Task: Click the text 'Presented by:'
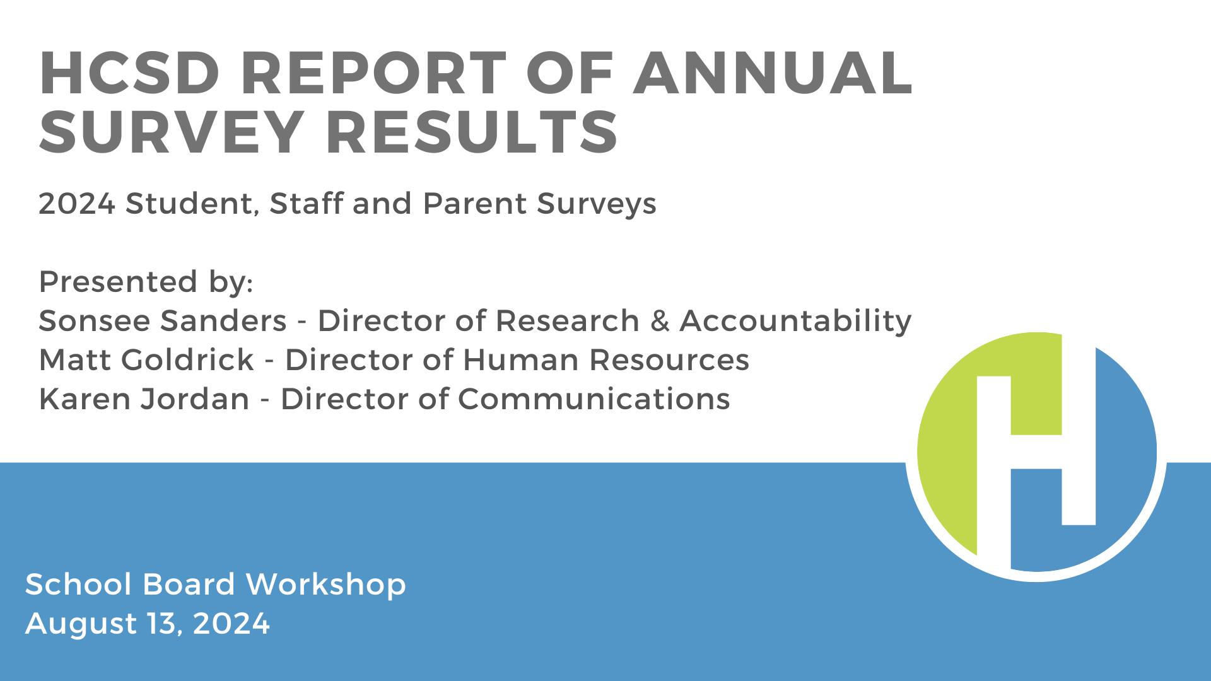(146, 282)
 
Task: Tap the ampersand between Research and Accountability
(659, 321)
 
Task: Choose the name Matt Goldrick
(146, 360)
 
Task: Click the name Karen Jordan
(144, 399)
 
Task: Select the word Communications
(594, 399)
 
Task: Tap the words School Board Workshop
(216, 585)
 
